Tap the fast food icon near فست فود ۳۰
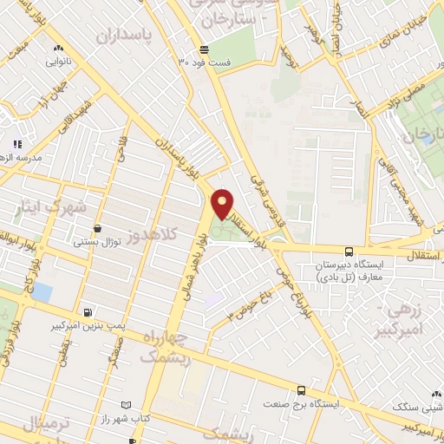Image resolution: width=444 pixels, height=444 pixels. click(x=203, y=49)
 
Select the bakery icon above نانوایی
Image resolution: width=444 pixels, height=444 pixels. click(x=57, y=48)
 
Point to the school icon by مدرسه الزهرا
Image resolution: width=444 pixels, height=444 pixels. click(x=18, y=144)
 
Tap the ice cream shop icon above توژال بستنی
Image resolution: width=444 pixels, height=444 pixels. click(x=97, y=228)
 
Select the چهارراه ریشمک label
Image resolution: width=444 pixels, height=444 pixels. click(x=153, y=346)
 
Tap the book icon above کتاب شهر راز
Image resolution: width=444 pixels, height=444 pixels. click(x=127, y=404)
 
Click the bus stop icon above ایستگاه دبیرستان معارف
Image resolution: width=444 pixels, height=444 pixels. click(x=349, y=250)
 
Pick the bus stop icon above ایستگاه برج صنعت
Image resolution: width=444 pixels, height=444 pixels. click(x=301, y=391)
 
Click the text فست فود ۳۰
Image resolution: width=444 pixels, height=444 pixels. click(x=200, y=62)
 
